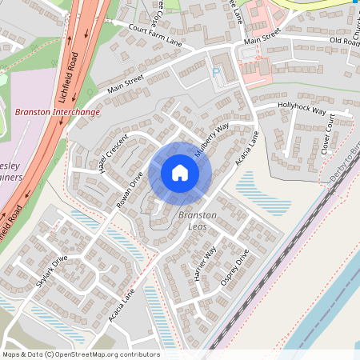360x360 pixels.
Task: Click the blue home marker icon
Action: tap(180, 173)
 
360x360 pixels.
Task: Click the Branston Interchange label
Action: tap(58, 113)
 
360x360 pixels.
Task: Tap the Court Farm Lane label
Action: tap(155, 35)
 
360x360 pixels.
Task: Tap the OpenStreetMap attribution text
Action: tap(80, 354)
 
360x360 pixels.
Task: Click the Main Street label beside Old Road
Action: tap(263, 39)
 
